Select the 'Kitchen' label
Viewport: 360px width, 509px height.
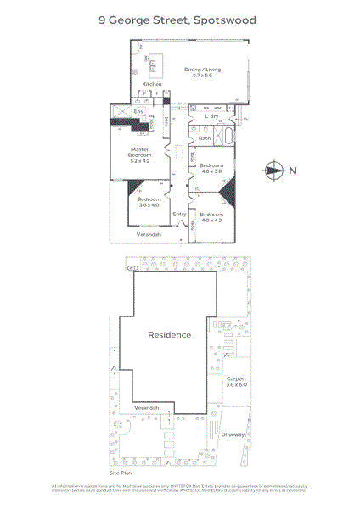(152, 85)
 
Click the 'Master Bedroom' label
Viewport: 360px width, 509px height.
(139, 156)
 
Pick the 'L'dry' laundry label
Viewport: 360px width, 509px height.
(212, 116)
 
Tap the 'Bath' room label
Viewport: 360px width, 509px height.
(205, 138)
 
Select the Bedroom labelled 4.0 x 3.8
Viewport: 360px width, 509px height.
(211, 168)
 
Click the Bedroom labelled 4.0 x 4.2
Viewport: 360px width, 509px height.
(211, 218)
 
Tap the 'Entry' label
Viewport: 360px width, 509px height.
(179, 214)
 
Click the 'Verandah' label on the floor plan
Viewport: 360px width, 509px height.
(149, 234)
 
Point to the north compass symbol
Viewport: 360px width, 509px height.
(273, 170)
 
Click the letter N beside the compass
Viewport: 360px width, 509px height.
(293, 170)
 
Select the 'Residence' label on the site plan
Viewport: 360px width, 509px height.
(170, 335)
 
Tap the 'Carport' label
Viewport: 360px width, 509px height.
(237, 378)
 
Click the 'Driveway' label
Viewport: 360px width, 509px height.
(233, 435)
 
